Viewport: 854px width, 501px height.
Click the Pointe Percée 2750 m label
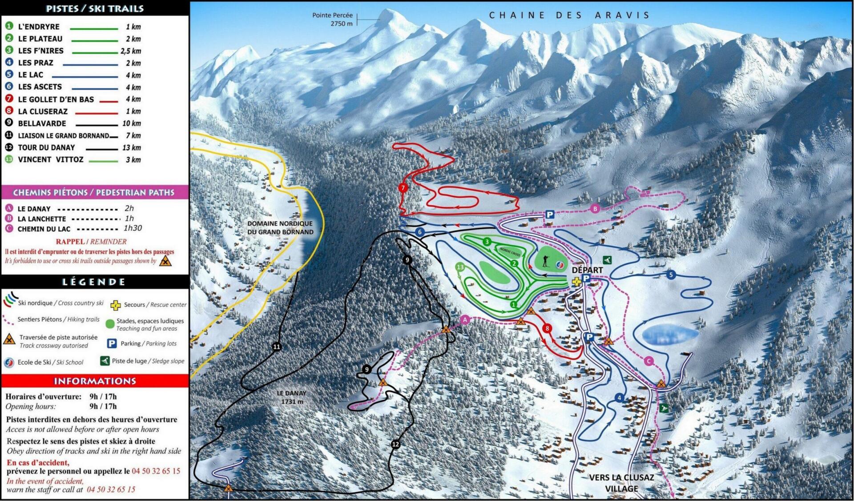pos(332,20)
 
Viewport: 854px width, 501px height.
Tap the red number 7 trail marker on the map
pos(403,188)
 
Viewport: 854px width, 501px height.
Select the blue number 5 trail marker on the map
pos(671,275)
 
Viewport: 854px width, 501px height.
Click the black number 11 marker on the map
pos(277,347)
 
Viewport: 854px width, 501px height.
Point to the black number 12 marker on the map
pos(395,444)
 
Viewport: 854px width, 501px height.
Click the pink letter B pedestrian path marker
pos(595,208)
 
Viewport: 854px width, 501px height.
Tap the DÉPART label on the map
pos(587,270)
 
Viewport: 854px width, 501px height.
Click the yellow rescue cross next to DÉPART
pos(576,281)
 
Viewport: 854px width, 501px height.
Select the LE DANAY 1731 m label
pos(291,397)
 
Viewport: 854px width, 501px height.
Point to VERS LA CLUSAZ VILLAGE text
pos(621,483)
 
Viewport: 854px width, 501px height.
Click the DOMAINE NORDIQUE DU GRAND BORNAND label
pos(280,228)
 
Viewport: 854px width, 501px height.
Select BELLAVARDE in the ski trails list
pos(42,124)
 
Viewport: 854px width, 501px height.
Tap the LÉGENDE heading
pos(94,282)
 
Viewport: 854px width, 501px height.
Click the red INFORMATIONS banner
pos(94,381)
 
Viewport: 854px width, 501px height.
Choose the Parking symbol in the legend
pos(112,344)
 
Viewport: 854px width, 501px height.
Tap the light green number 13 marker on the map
pos(460,267)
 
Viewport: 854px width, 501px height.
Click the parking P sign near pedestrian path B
pos(550,215)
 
